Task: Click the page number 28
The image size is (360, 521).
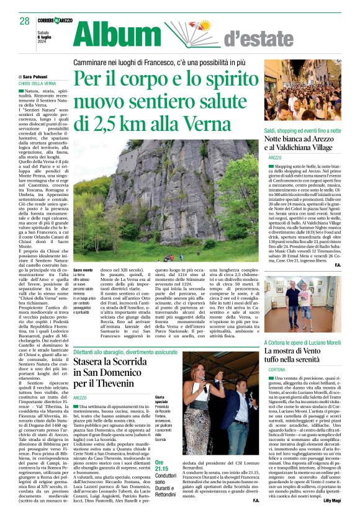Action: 24,21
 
